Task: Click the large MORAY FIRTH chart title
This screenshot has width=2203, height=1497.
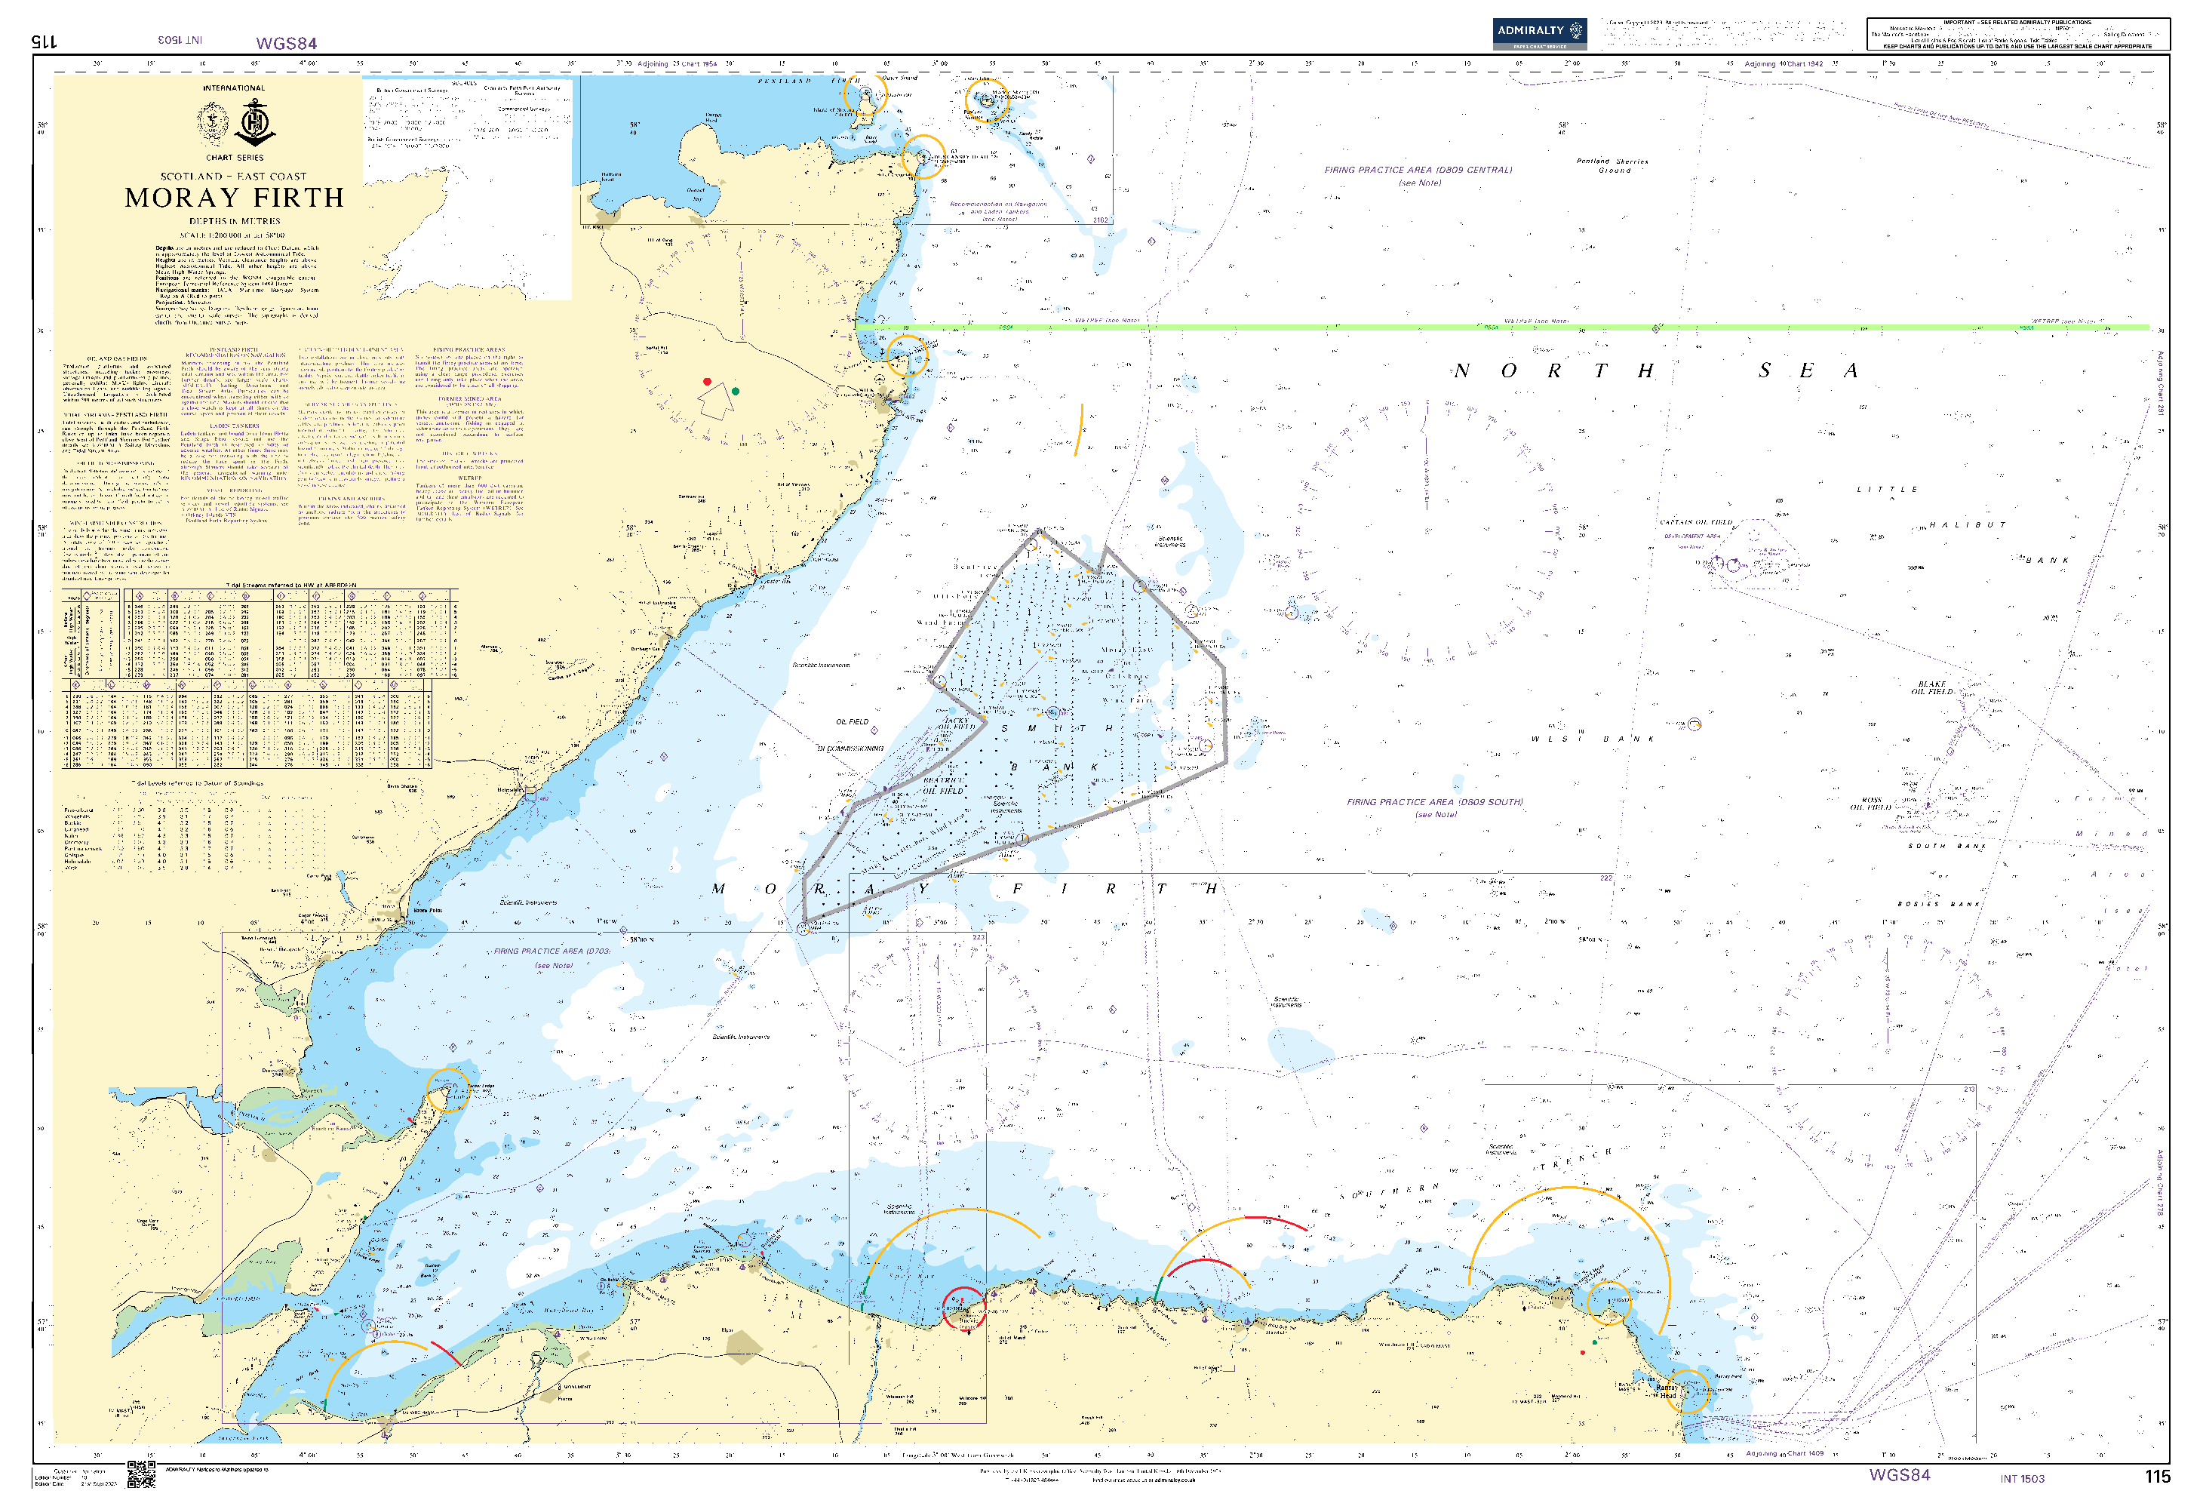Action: pos(234,197)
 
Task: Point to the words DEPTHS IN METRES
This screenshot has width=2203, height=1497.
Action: pos(234,221)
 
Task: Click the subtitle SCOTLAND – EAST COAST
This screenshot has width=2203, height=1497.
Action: pos(233,177)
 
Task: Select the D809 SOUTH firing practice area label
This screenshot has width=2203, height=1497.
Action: pos(1433,802)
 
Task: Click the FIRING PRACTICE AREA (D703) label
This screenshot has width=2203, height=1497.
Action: pos(552,951)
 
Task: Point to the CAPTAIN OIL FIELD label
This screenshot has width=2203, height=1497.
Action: pos(1696,522)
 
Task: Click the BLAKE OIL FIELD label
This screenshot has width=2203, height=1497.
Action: pos(1932,687)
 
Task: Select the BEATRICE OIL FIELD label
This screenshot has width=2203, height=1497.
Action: pos(943,785)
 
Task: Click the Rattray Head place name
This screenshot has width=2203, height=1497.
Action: pos(1666,1391)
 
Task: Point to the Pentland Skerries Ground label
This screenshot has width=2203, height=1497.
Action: pos(1612,166)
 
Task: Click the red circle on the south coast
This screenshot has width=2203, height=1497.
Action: pos(963,1308)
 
